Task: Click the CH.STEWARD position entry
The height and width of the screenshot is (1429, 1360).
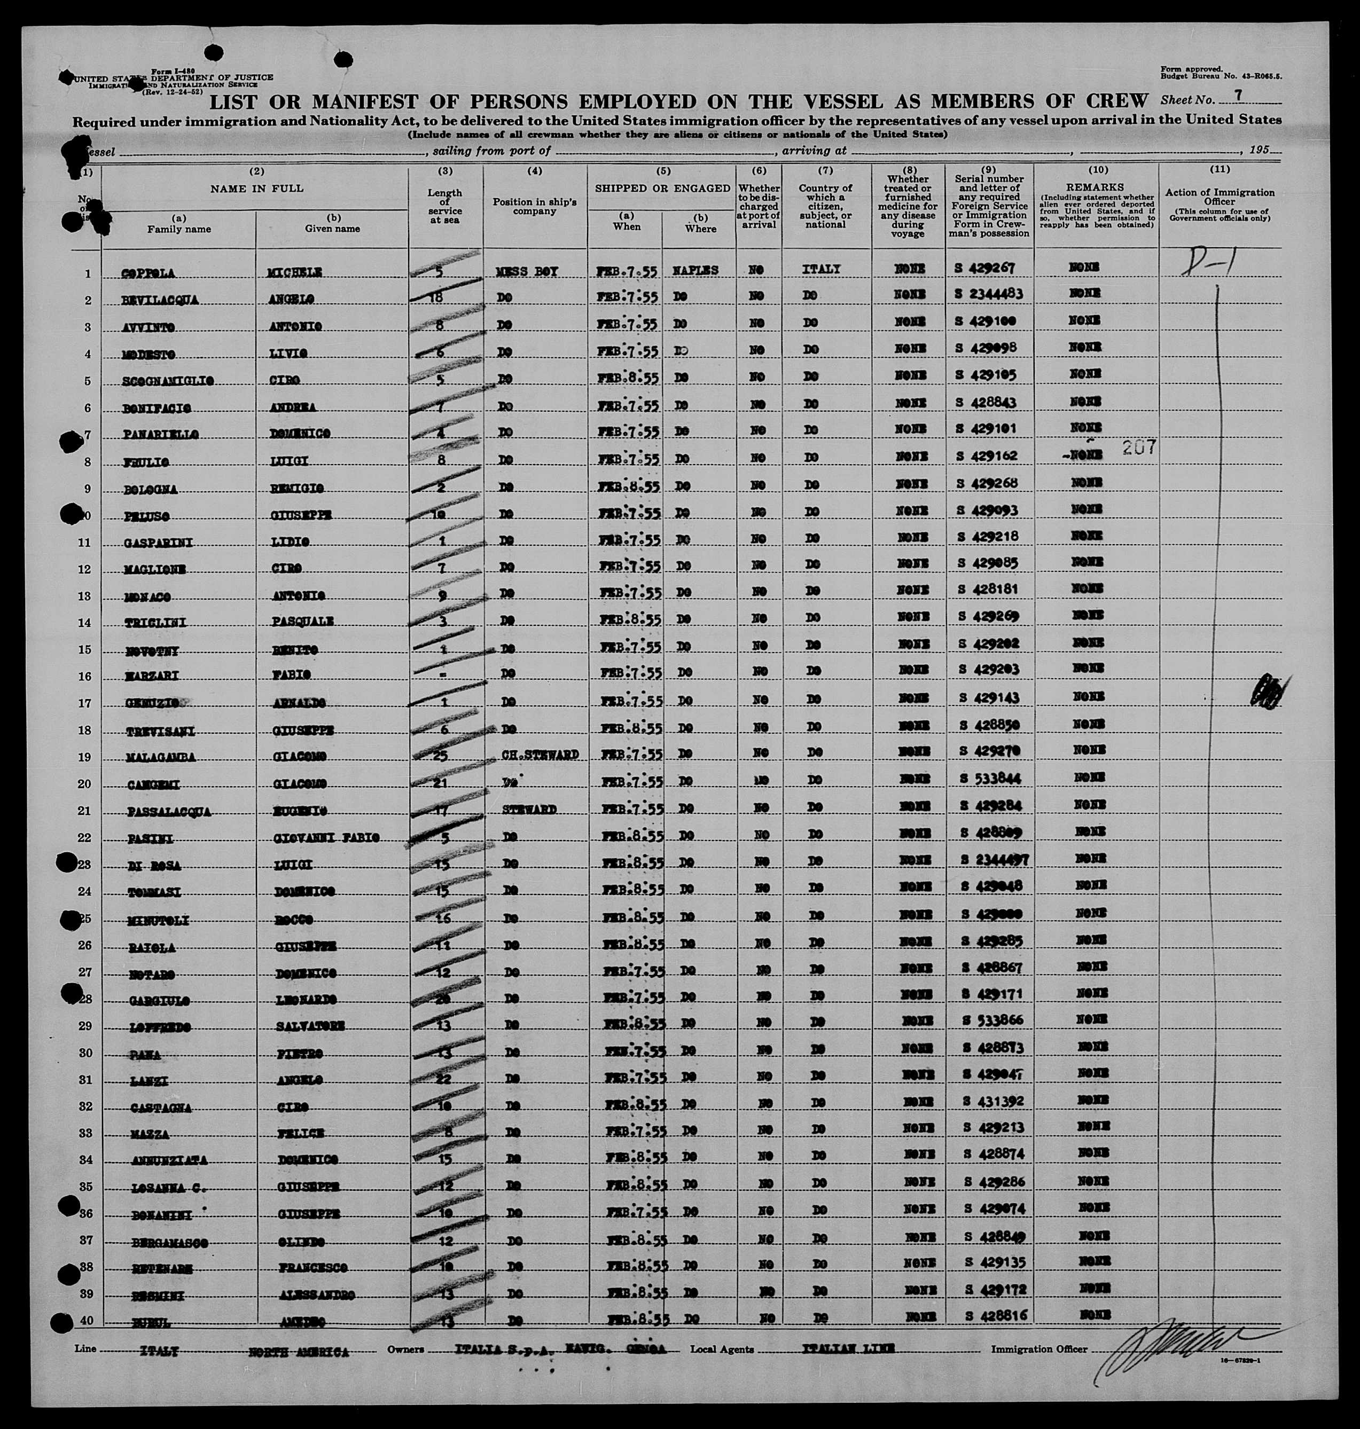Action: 540,755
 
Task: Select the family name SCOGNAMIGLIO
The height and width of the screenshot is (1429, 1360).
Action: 162,381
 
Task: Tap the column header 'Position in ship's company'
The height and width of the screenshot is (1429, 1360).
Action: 534,206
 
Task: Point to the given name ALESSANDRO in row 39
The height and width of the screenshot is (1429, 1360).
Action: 317,1295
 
